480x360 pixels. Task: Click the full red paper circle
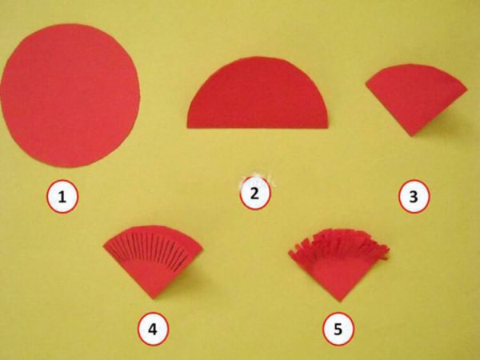point(70,95)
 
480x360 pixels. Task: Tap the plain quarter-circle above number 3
point(416,97)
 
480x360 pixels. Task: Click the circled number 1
point(62,196)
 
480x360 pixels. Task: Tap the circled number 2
point(254,194)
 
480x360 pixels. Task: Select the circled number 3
point(414,196)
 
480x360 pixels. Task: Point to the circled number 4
point(153,329)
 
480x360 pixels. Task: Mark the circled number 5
point(338,329)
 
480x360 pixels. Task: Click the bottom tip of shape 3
point(412,136)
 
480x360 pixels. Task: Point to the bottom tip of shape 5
point(339,302)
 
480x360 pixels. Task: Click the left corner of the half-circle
point(187,127)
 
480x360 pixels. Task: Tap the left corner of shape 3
point(366,82)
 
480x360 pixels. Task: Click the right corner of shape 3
point(467,90)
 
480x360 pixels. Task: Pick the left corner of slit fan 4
point(103,246)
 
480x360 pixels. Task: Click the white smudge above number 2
point(256,178)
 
